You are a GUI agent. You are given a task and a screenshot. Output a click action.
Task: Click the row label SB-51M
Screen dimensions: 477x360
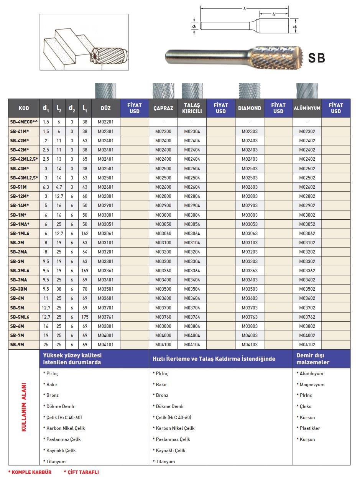(19, 187)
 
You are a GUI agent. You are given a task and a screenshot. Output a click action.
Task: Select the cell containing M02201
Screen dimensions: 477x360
(105, 122)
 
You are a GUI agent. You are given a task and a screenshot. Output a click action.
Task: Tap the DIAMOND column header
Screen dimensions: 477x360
(249, 108)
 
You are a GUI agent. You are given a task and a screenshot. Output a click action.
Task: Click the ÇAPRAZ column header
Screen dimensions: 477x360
(163, 108)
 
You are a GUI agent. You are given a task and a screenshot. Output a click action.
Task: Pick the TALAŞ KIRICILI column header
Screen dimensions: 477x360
(192, 108)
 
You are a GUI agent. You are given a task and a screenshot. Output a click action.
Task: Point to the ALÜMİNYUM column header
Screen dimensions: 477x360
(307, 108)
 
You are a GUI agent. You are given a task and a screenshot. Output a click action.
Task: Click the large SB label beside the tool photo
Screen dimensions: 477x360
(317, 58)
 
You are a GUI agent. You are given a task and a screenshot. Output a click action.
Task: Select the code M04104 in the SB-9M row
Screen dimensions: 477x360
(192, 345)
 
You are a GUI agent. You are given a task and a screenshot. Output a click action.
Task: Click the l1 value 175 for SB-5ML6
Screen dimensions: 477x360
(85, 317)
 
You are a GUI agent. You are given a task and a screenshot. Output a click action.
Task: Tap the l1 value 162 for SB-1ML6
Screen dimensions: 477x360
(85, 234)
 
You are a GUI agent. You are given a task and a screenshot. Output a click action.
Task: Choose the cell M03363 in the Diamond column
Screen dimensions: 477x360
(250, 271)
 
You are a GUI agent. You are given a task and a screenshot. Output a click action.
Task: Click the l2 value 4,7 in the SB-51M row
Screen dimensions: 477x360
(59, 187)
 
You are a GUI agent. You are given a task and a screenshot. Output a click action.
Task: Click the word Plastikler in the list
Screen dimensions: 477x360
(309, 428)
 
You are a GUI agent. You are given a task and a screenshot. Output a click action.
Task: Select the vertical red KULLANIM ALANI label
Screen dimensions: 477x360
(24, 407)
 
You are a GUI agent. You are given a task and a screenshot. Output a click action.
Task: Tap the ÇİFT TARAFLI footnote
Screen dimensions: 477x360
(81, 472)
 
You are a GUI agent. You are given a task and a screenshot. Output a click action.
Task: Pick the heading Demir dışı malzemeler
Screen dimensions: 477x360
(313, 359)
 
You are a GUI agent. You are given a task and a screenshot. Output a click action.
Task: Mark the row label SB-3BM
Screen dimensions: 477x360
(18, 289)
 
